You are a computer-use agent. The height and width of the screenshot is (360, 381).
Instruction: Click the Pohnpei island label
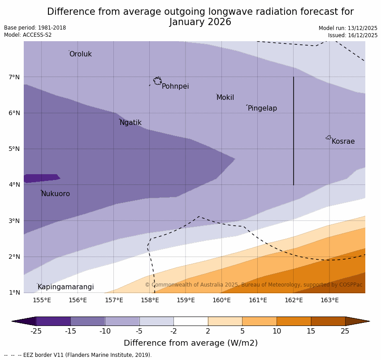175,86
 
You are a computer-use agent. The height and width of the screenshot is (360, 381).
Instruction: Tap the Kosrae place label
343,141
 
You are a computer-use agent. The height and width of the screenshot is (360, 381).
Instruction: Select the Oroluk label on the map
80,54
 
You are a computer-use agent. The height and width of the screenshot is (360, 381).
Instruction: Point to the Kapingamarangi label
65,287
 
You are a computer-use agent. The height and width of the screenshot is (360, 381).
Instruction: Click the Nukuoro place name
56,194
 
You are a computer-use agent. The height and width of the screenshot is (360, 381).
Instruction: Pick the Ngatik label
130,123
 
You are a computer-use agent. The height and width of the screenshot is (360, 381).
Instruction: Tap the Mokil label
225,98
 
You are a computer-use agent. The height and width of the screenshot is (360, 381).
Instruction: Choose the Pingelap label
262,108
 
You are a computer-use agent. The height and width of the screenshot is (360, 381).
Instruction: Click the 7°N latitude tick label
14,77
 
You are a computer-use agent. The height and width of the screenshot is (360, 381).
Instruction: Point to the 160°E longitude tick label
221,300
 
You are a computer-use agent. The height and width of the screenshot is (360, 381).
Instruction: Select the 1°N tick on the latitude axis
14,292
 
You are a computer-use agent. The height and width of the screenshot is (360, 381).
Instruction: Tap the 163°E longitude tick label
329,300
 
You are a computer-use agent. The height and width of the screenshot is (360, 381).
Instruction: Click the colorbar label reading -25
36,331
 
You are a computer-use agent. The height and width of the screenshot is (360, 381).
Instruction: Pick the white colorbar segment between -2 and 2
190,321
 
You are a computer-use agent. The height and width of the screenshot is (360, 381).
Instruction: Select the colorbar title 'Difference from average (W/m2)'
190,343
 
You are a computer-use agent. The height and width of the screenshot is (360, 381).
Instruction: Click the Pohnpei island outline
157,81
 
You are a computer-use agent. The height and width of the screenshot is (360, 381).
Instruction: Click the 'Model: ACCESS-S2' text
28,35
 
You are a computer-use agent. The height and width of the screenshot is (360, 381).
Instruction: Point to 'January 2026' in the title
200,22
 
